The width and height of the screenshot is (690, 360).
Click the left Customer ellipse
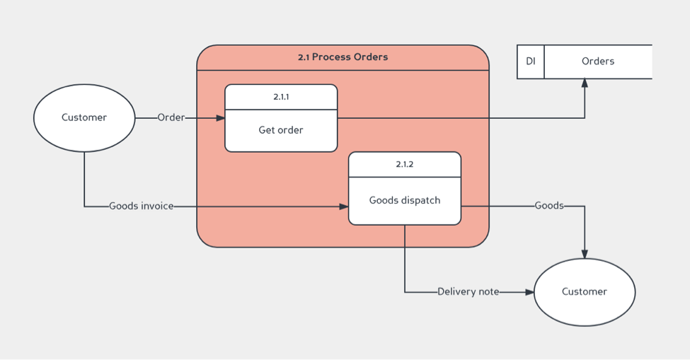point(84,117)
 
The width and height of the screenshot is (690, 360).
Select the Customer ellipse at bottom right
point(585,291)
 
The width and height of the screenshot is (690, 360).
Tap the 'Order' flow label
point(171,117)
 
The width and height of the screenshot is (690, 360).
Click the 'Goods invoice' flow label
point(142,207)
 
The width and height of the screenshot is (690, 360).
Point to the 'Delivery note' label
point(468,291)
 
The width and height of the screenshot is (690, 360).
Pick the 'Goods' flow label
point(549,206)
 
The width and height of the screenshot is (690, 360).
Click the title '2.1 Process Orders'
point(343,57)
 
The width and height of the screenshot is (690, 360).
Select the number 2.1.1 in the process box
point(281,97)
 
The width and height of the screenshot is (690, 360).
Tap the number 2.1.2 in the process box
point(404,164)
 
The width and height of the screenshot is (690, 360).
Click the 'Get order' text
point(281,130)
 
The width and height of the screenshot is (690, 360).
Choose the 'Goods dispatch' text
point(404,200)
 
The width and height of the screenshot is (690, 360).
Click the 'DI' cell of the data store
point(531,62)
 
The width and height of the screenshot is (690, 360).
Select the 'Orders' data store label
point(598,62)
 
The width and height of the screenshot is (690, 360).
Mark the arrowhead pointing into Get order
point(220,118)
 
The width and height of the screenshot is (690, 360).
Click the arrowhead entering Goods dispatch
point(344,207)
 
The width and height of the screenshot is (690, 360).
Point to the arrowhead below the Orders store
point(585,83)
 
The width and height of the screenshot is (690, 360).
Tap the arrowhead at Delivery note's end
point(529,292)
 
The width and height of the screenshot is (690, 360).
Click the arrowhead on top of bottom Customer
point(585,254)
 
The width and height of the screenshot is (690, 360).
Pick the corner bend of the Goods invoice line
point(84,207)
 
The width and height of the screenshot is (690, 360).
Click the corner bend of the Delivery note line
point(405,292)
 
